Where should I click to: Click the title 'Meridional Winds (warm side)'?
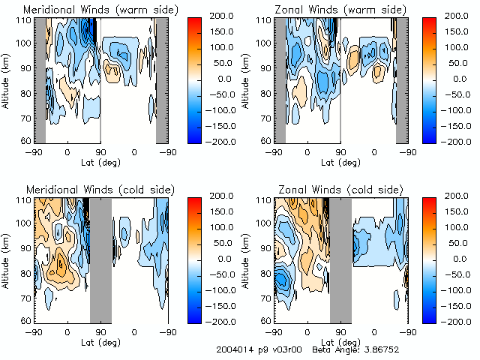click(100, 10)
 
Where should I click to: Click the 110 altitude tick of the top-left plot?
click(25, 21)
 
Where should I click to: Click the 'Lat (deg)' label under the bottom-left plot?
click(100, 340)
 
